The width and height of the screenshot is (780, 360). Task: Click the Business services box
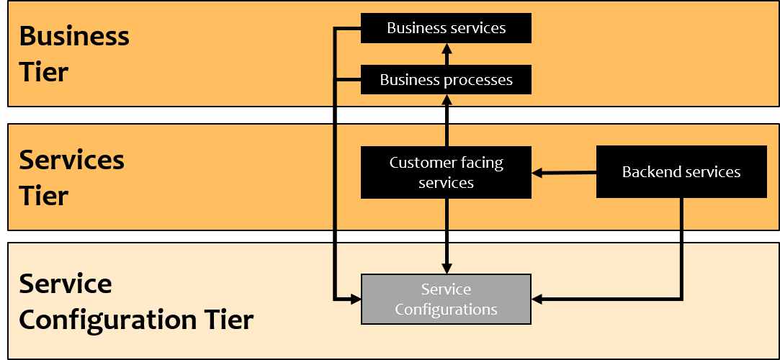tap(446, 28)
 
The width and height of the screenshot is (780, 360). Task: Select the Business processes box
tap(446, 80)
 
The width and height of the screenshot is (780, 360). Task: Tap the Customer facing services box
tap(446, 173)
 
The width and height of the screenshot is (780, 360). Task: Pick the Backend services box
tap(681, 172)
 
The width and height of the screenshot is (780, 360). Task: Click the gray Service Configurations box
tap(446, 299)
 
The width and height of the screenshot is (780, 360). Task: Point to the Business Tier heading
tap(73, 54)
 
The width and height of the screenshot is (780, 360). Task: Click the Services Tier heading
tap(71, 177)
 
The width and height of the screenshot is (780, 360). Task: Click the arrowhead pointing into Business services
tap(447, 48)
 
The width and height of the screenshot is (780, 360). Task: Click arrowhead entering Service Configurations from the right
tap(537, 299)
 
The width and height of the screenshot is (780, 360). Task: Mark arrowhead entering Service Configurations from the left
tap(354, 299)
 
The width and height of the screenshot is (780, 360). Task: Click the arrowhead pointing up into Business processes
tap(447, 99)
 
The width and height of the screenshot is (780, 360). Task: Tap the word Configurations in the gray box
tap(446, 310)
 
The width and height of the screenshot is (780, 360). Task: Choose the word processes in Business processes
tap(478, 80)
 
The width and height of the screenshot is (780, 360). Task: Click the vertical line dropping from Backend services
tap(681, 245)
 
